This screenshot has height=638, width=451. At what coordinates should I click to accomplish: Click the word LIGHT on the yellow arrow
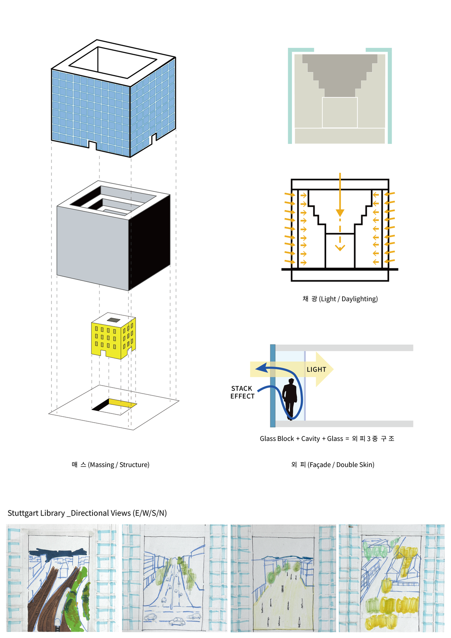316,370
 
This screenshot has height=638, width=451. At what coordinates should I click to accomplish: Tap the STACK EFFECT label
242,392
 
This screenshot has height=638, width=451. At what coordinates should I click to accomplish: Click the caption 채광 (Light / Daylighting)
340,299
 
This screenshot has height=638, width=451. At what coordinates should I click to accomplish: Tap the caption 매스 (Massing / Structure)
110,465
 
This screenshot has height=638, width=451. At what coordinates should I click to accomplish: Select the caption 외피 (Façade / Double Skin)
333,465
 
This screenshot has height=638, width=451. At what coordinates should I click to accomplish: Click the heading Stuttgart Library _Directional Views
87,513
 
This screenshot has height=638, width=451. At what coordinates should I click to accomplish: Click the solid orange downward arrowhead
340,212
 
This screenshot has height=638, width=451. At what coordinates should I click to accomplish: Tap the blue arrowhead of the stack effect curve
262,368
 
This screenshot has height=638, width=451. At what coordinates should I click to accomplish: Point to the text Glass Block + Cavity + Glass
301,439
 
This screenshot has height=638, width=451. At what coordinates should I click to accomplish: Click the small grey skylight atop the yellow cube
114,320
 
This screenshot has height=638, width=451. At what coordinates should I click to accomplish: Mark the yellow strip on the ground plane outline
122,403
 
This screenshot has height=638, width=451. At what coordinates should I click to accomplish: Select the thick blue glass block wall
273,386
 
